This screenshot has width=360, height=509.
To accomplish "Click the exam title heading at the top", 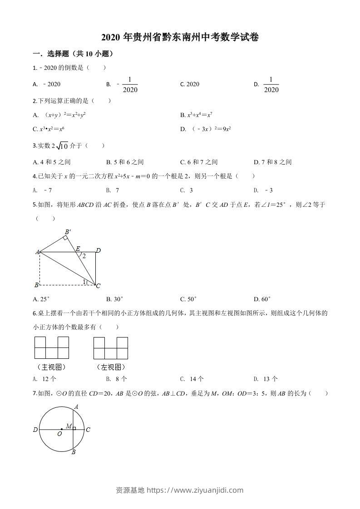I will (180, 38).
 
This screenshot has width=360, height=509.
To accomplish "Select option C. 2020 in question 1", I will (189, 84).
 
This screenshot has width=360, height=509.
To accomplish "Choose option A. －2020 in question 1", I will (47, 84).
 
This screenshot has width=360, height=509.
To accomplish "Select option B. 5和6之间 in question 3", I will (125, 162).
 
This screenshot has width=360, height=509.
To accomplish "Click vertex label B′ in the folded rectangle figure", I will (67, 232).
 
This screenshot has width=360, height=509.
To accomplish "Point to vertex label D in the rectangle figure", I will (98, 250).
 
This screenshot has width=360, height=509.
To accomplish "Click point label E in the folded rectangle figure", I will (78, 248).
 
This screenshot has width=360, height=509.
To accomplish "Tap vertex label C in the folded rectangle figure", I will (98, 285).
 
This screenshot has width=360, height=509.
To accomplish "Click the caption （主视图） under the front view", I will (51, 367).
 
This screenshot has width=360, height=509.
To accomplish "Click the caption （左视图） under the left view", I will (110, 367).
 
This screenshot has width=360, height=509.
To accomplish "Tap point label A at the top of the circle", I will (76, 406).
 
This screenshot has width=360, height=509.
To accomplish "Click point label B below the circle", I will (73, 452).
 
